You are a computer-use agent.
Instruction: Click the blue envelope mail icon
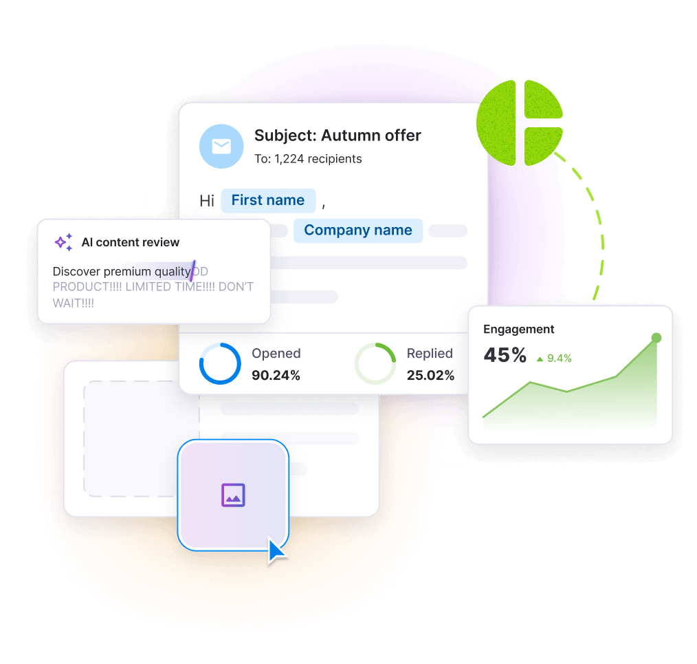point(221,147)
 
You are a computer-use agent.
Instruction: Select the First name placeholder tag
point(268,200)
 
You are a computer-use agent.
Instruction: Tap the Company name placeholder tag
point(358,231)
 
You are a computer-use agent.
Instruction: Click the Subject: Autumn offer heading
point(338,136)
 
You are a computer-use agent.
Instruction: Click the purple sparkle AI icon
point(63,242)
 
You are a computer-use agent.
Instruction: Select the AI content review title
point(131,242)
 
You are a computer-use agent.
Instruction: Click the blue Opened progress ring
point(220,363)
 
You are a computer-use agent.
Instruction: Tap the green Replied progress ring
point(375,363)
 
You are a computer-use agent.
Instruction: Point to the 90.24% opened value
point(276,375)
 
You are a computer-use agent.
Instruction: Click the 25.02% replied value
point(430,375)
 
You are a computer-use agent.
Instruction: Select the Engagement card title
point(519,330)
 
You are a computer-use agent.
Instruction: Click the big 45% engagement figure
point(505,355)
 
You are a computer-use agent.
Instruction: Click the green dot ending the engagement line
point(656,338)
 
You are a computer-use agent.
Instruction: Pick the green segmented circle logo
point(520,122)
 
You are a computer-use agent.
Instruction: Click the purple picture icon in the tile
point(233,495)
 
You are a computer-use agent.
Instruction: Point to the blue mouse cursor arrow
point(277,552)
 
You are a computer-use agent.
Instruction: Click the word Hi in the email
point(207,201)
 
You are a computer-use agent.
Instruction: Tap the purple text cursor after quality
point(193,270)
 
